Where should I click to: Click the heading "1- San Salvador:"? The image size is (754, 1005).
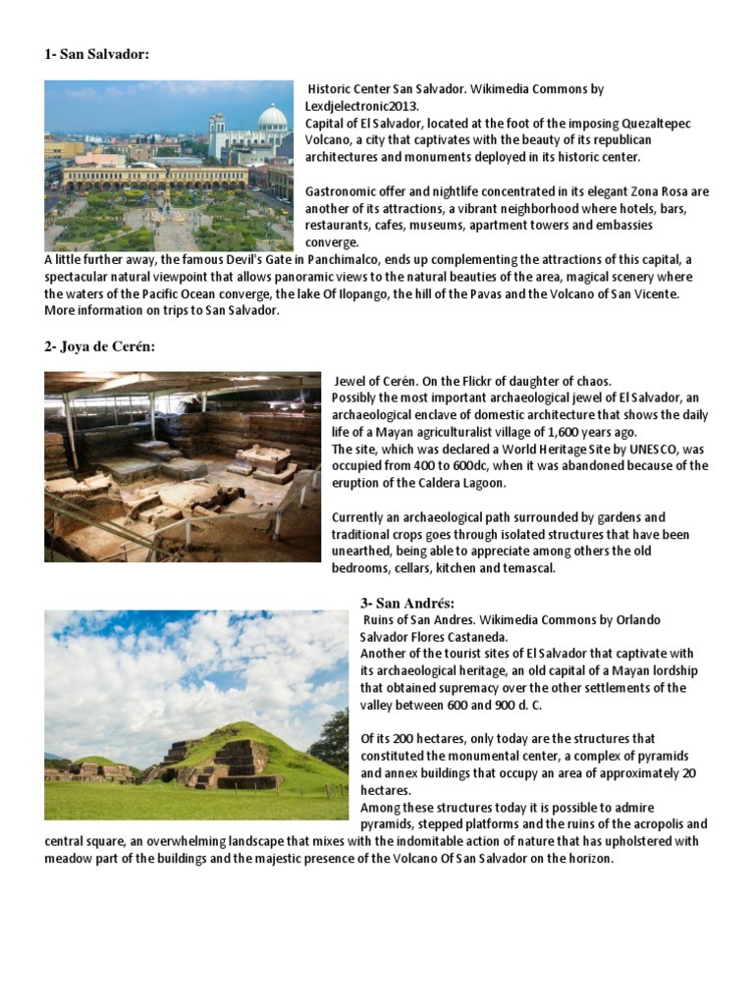(96, 54)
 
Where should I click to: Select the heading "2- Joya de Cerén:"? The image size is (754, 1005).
(99, 346)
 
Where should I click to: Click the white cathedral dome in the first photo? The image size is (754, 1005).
(272, 119)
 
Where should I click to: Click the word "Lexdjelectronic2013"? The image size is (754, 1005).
(368, 106)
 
